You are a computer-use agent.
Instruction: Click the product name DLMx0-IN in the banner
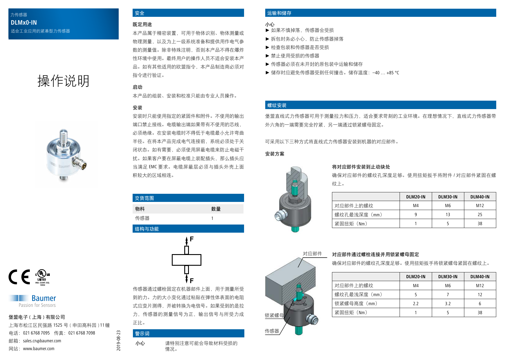[24, 23]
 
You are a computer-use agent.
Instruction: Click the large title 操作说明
[63, 81]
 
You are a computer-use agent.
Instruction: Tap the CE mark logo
[19, 277]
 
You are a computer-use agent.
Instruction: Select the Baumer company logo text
[44, 298]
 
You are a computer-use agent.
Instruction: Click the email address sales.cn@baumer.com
[42, 341]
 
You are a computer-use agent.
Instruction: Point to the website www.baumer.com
[39, 349]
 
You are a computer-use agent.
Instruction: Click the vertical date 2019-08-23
[118, 341]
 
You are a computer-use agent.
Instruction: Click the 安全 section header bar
[188, 13]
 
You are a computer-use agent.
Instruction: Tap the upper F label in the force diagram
[192, 239]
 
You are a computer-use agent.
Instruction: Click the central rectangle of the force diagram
[186, 260]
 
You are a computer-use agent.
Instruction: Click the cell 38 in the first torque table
[480, 224]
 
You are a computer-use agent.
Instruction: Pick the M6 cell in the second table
[447, 286]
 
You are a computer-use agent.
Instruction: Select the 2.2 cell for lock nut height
[416, 304]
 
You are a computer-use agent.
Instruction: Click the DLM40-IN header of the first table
[480, 197]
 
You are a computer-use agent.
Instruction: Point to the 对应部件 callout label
[312, 254]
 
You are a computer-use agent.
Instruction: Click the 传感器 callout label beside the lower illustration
[272, 331]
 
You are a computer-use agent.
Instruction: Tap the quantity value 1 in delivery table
[212, 218]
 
